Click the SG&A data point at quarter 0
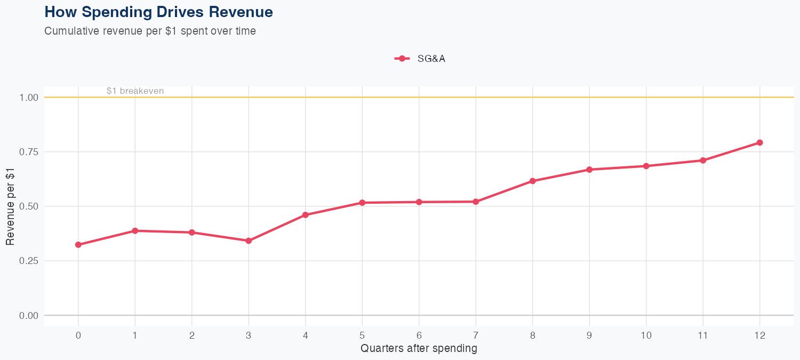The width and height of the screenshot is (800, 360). click(78, 245)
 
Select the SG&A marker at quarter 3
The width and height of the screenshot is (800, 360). click(249, 241)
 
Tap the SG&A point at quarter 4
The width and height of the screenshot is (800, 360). click(306, 215)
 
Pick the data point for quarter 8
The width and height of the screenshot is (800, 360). click(532, 181)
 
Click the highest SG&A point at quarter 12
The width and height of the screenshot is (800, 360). click(759, 142)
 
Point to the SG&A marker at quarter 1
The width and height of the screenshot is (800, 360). click(135, 231)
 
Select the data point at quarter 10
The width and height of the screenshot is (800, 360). click(646, 166)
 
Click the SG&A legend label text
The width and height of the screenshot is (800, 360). click(431, 59)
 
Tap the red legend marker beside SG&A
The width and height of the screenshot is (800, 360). click(402, 59)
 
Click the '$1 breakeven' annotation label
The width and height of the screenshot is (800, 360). click(135, 91)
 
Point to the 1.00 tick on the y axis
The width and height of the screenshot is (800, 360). click(29, 98)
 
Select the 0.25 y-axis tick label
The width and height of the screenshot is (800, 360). click(29, 261)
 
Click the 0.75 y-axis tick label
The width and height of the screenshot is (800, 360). click(29, 152)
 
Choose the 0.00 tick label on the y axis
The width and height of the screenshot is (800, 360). click(29, 315)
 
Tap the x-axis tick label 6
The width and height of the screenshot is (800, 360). click(419, 335)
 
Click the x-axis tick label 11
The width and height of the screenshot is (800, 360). click(703, 335)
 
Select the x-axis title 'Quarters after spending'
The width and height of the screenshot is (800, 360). click(419, 349)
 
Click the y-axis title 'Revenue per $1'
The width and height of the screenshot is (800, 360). click(10, 206)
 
